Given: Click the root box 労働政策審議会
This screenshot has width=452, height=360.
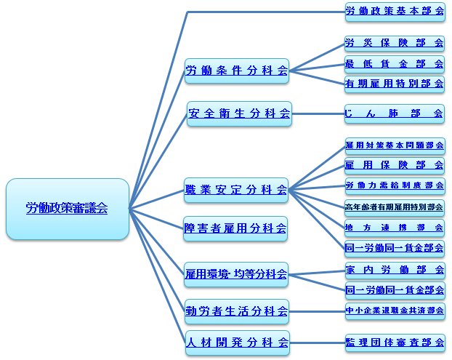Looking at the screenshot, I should (x=67, y=209).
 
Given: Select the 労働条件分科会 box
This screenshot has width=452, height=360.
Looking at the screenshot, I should (x=237, y=71).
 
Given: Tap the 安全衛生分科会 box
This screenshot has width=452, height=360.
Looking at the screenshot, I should (x=239, y=113).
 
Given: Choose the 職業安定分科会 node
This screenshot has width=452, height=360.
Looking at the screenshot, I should (x=237, y=191).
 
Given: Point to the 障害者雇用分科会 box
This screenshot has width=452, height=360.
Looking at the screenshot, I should (x=235, y=228).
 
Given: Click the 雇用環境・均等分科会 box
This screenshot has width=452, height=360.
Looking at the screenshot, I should (x=237, y=274).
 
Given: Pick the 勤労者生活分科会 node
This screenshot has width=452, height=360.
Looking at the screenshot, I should (x=237, y=311).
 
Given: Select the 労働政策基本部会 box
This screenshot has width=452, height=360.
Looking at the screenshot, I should (x=395, y=12).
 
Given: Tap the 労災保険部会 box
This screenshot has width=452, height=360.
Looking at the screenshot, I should (x=395, y=43).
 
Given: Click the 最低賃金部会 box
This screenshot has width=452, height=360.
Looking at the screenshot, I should (x=395, y=63).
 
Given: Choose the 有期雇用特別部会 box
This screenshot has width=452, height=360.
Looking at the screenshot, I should (x=395, y=83).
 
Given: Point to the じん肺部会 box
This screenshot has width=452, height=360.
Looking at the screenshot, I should (x=395, y=113).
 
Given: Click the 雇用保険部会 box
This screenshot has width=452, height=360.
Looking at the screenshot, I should (x=395, y=165).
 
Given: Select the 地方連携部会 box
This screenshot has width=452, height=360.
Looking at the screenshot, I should (x=395, y=228).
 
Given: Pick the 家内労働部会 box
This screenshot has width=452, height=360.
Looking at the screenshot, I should (x=395, y=270).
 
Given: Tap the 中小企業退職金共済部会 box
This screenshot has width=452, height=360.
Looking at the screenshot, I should (x=395, y=311).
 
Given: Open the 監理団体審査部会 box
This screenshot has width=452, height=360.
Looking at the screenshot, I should (x=395, y=342).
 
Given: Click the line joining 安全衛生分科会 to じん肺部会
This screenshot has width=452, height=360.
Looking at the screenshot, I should (x=318, y=113).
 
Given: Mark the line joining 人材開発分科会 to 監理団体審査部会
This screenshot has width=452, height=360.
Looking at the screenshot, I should (x=318, y=342).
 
